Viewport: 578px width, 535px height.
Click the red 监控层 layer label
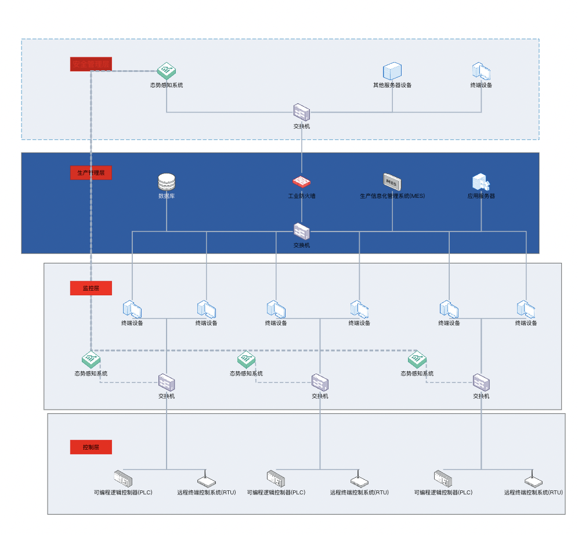click(x=91, y=288)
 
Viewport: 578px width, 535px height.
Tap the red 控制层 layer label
click(x=91, y=447)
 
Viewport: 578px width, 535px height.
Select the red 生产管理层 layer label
click(x=91, y=173)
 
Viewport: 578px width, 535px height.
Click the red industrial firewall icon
click(x=301, y=182)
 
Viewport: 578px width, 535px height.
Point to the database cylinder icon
click(x=167, y=182)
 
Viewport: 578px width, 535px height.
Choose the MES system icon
click(x=392, y=182)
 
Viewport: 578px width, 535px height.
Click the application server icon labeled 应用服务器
click(x=481, y=182)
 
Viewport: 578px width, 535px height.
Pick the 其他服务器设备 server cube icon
click(x=392, y=71)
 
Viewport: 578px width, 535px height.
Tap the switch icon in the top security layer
click(x=301, y=112)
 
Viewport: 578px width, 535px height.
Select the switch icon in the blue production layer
click(x=301, y=232)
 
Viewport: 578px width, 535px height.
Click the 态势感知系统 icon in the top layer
click(x=167, y=71)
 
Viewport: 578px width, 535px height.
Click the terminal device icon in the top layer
click(x=481, y=71)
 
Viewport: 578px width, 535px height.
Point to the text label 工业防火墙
click(x=302, y=196)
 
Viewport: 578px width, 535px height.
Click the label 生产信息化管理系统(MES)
click(x=392, y=196)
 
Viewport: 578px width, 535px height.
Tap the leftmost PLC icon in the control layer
click(x=123, y=479)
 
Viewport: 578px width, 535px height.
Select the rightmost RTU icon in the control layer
click(x=533, y=481)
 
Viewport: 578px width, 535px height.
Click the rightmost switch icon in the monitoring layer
click(x=481, y=382)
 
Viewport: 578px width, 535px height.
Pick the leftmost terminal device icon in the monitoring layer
click(x=132, y=309)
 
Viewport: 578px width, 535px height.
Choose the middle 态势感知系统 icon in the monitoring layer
click(x=246, y=360)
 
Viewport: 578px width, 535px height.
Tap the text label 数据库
click(x=167, y=196)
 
